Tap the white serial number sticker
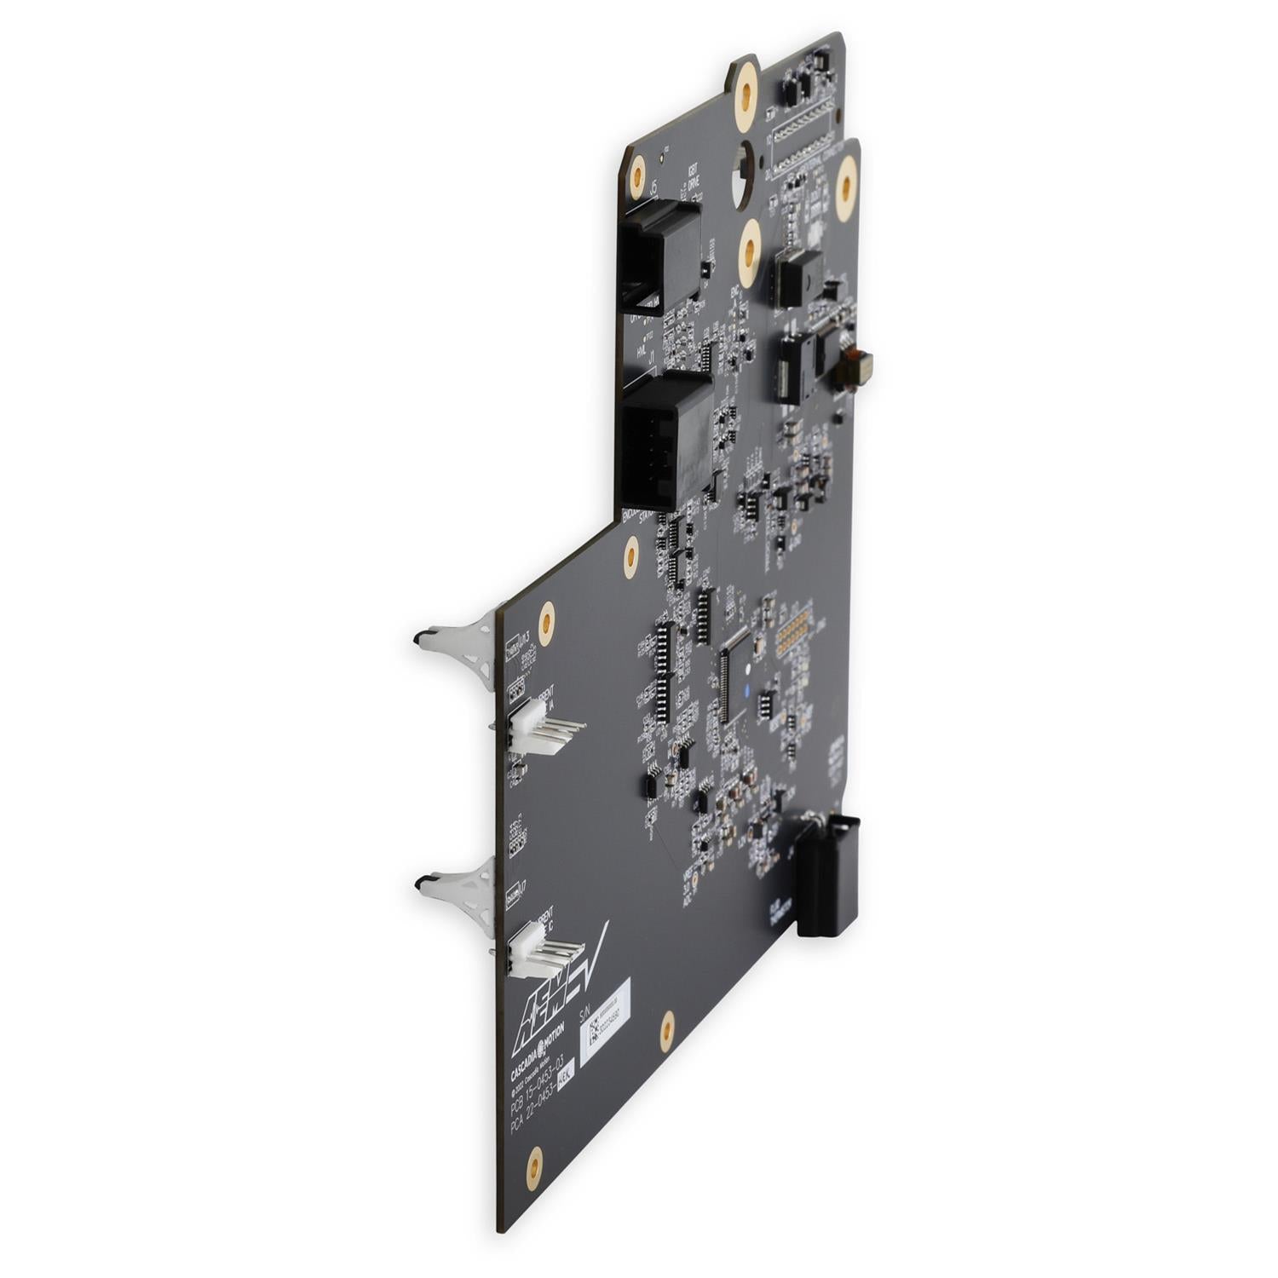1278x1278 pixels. pos(604,1015)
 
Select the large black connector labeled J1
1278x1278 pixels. pos(667,443)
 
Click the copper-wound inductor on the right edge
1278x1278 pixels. pos(855,366)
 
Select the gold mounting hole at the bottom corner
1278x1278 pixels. pos(534,1166)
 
